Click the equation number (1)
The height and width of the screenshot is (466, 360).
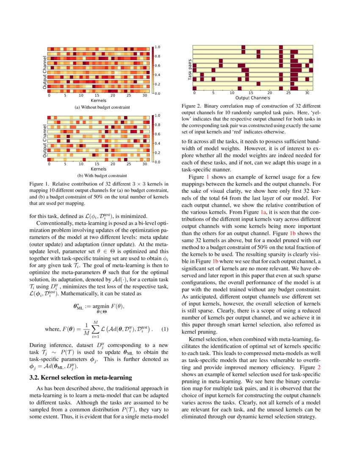pos(166,329)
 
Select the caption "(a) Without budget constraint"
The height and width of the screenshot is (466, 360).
pos(102,108)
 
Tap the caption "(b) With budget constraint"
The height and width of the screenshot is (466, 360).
pos(102,175)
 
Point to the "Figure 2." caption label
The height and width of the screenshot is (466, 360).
pos(191,105)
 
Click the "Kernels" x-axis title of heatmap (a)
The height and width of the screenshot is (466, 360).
pos(99,101)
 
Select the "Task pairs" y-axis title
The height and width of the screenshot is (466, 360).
pos(190,70)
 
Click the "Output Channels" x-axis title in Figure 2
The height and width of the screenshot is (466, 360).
pos(253,98)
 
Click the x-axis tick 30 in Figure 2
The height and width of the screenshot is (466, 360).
pos(307,93)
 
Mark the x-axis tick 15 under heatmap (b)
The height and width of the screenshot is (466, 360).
pos(97,164)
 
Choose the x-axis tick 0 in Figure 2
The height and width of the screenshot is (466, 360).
pos(194,93)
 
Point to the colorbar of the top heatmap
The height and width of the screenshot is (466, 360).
pos(153,70)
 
